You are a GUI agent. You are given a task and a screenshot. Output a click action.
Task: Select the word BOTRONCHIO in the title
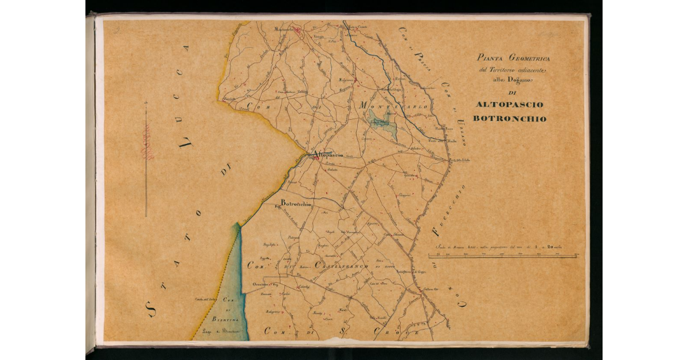[510, 119]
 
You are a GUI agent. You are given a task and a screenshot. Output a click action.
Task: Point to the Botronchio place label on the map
[296, 204]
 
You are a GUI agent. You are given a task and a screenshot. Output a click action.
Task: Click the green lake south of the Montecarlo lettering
[381, 124]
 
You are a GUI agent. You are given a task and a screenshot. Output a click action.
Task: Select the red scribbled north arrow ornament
[147, 143]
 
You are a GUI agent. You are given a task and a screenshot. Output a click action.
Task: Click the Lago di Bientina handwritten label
[228, 332]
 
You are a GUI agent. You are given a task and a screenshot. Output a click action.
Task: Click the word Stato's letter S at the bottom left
[153, 310]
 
